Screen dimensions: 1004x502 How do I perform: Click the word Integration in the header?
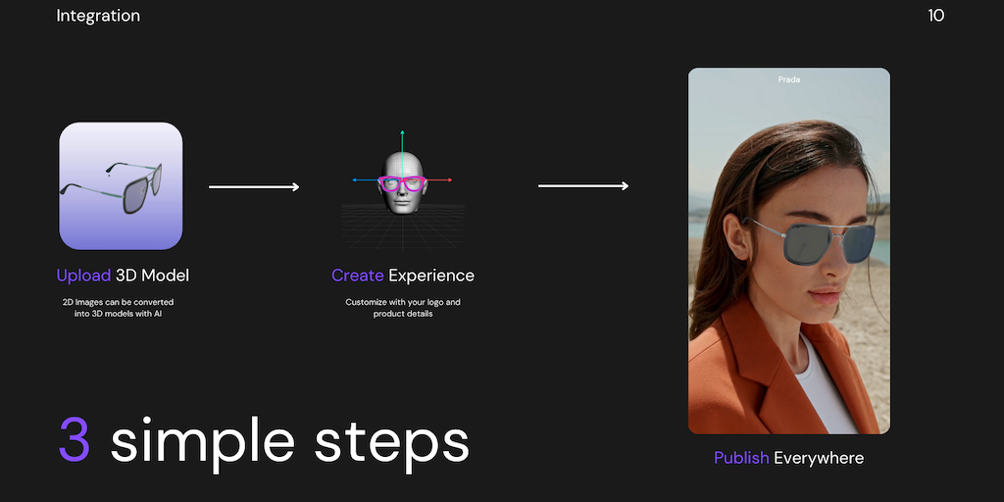pyautogui.click(x=98, y=16)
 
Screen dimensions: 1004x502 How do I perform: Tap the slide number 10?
pyautogui.click(x=935, y=16)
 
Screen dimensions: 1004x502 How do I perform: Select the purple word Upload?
pyautogui.click(x=84, y=276)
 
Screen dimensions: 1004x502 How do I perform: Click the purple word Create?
pyautogui.click(x=357, y=276)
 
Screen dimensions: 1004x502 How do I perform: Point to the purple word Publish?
pyautogui.click(x=741, y=458)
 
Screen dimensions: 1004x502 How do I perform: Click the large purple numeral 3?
pyautogui.click(x=75, y=439)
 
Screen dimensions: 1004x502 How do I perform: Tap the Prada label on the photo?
pyautogui.click(x=789, y=79)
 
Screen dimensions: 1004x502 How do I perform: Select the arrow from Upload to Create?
pyautogui.click(x=254, y=187)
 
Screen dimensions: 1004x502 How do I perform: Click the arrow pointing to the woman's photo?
pyautogui.click(x=583, y=185)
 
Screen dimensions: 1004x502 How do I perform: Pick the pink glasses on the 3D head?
pyautogui.click(x=402, y=183)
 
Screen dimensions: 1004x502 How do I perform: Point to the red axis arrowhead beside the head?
pyautogui.click(x=449, y=180)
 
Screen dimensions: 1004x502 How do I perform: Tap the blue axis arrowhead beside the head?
pyautogui.click(x=355, y=180)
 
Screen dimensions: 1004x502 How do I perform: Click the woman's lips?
pyautogui.click(x=825, y=296)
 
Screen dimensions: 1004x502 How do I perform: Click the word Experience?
pyautogui.click(x=431, y=276)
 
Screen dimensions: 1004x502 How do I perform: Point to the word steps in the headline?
pyautogui.click(x=392, y=440)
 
